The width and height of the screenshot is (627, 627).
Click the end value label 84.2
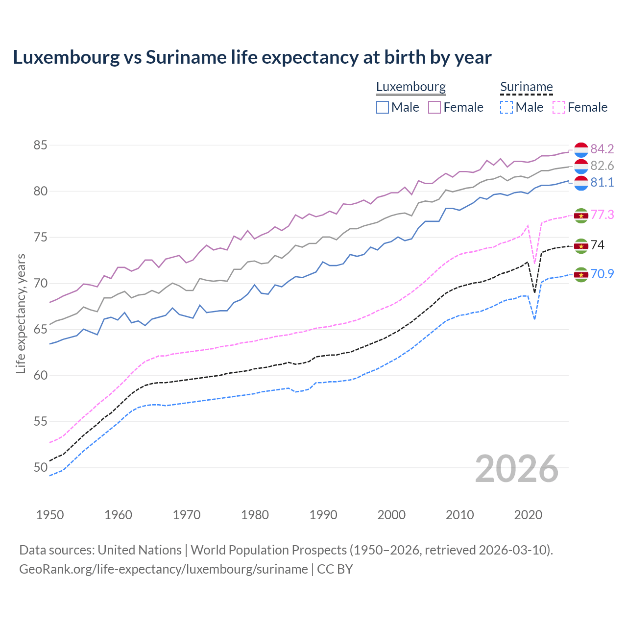602,149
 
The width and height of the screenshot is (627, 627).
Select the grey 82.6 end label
602,166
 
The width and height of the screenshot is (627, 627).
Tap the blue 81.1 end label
602,182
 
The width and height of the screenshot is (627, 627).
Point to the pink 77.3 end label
602,215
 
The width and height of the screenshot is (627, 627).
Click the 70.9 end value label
602,274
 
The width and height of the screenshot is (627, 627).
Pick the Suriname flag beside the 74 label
581,245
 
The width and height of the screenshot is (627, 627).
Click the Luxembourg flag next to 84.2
581,149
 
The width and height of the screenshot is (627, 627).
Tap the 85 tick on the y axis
41,145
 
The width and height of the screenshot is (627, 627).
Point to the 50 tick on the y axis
41,468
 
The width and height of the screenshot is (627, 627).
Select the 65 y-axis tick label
41,330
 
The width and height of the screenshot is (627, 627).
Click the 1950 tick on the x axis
50,515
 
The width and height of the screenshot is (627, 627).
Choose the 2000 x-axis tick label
391,515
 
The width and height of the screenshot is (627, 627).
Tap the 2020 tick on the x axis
528,515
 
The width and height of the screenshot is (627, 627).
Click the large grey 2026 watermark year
516,469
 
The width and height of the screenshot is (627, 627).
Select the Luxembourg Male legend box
383,107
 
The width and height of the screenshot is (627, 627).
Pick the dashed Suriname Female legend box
558,107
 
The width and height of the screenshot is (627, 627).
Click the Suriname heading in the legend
526,87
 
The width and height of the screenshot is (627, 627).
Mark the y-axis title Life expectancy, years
21,313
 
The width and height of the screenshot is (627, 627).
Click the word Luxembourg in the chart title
66,57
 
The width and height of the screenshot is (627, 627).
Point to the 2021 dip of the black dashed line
534,292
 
